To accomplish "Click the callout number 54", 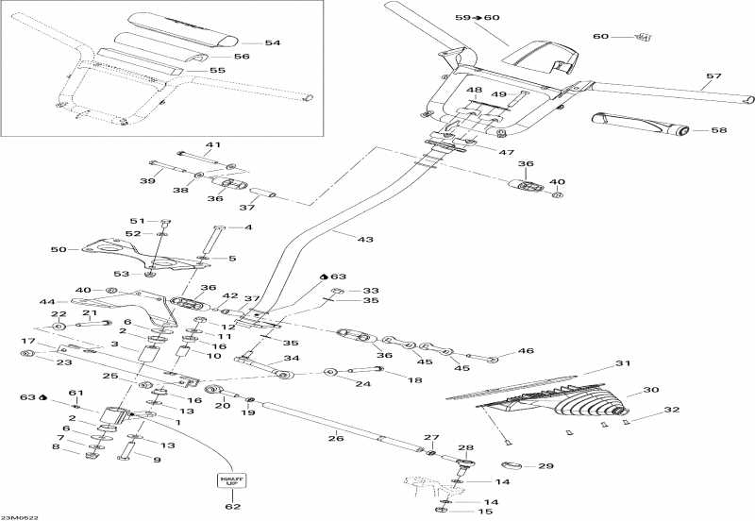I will click(x=273, y=43).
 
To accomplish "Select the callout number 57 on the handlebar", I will click(x=713, y=76).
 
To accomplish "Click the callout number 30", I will click(x=649, y=390).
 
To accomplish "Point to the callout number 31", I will click(x=621, y=364).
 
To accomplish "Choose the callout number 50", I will click(x=57, y=250).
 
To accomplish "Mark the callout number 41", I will click(x=213, y=144).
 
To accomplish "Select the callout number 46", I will click(x=526, y=352).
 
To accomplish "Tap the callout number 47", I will click(x=506, y=152).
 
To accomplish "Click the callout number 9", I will click(x=157, y=460).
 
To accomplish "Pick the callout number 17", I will click(x=27, y=341).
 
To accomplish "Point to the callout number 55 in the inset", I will click(x=217, y=71).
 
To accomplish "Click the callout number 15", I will click(x=488, y=512).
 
